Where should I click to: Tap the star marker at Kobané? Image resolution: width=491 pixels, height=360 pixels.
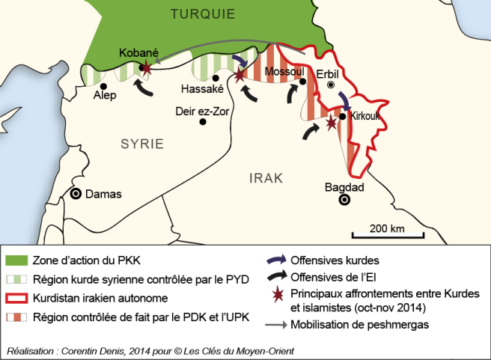coord(147,69)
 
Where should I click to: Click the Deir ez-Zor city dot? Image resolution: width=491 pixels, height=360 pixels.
coord(201,122)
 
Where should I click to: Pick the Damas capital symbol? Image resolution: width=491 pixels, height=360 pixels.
coord(76,193)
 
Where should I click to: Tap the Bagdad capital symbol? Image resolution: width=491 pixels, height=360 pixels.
coord(344,200)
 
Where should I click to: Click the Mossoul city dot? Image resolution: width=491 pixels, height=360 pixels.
coord(303,82)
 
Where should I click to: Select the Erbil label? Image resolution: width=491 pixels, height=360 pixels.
coord(329,73)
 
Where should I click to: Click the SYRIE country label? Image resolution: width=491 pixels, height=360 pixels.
coord(142,144)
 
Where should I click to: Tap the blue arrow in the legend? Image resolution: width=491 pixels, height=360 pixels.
coord(275,260)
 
